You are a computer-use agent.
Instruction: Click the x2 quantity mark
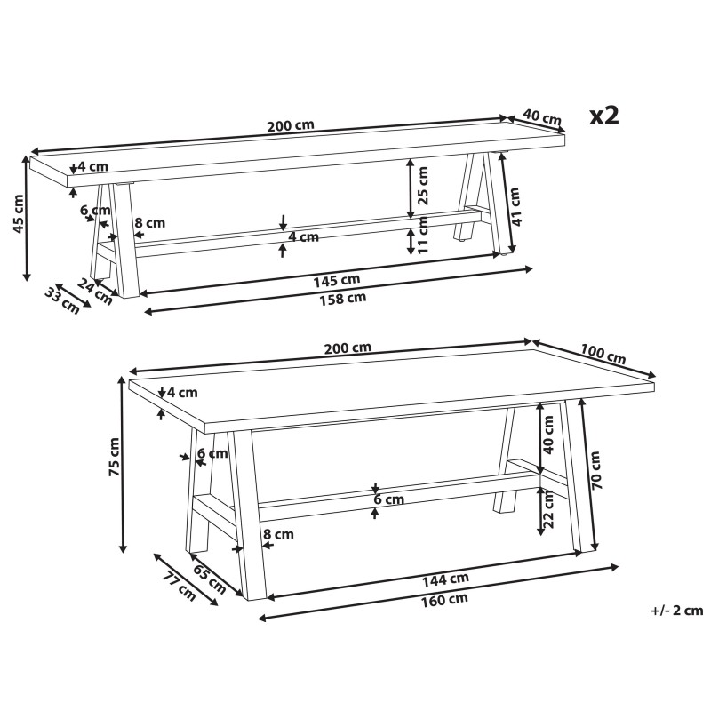tap(604, 116)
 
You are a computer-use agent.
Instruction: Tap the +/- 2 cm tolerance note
tap(677, 611)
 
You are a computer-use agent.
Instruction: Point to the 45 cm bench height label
tap(18, 213)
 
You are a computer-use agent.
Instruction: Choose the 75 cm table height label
tap(114, 457)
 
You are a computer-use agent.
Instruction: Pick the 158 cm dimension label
tap(343, 299)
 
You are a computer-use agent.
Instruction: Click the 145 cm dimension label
tap(337, 281)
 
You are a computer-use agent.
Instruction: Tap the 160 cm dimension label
tap(444, 600)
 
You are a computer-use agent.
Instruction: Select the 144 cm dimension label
tap(445, 580)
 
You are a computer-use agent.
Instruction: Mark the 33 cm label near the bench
tap(62, 300)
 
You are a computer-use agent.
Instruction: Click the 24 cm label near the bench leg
tap(95, 292)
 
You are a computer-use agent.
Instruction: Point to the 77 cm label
tap(179, 587)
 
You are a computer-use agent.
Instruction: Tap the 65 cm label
tap(210, 579)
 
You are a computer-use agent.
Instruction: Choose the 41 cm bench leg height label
tap(515, 206)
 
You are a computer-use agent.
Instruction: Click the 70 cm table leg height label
tap(595, 470)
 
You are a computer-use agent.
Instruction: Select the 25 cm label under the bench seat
tap(422, 186)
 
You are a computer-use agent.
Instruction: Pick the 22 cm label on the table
tap(548, 508)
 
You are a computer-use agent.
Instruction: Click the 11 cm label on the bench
tap(423, 235)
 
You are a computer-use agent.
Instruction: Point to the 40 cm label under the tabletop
tap(548, 435)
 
